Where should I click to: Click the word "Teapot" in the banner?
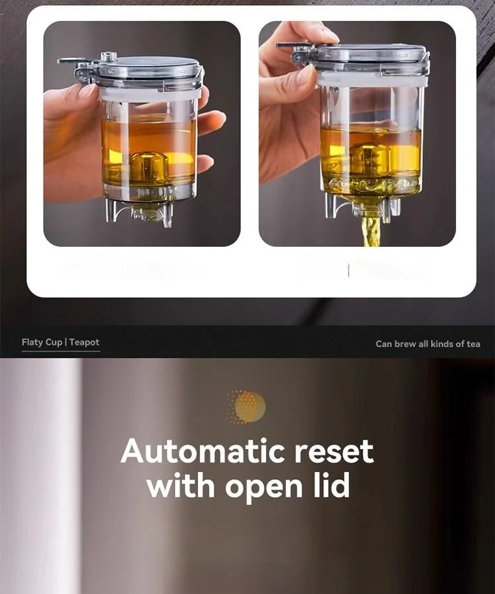pos(84,343)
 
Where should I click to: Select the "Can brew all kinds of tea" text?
pos(428,344)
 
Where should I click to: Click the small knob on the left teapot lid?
pos(109,57)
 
